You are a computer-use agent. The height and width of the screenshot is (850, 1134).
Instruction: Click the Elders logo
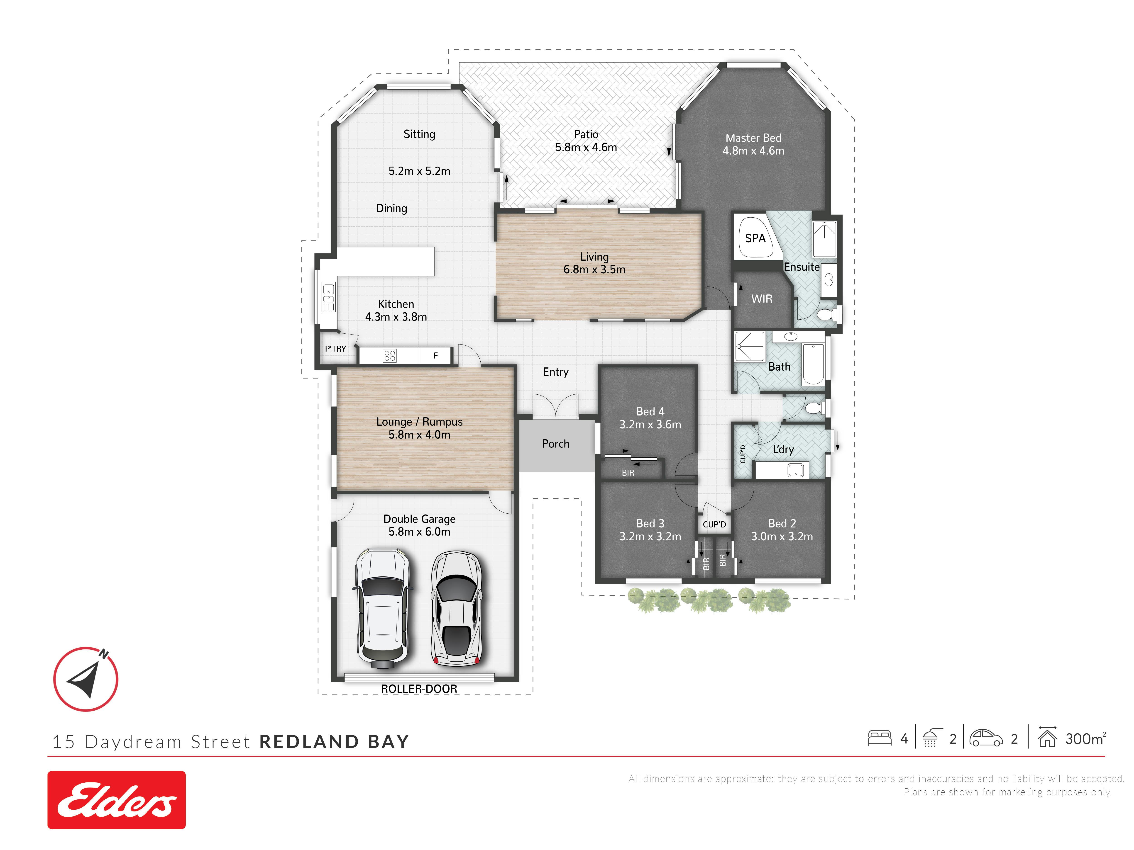116,800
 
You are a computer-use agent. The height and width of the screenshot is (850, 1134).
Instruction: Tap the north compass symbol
86,679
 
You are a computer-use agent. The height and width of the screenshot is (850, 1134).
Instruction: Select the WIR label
762,299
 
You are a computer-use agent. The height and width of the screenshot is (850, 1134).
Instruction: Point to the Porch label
556,444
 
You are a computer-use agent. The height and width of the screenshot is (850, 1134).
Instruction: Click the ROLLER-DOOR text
419,689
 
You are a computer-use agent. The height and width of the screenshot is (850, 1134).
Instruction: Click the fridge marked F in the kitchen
435,356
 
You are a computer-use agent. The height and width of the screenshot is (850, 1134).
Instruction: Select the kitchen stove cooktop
390,356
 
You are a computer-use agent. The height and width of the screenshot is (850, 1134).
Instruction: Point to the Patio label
586,134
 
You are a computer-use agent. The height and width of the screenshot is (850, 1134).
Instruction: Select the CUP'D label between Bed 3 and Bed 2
714,525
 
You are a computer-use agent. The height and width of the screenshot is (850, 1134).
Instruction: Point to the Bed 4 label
650,411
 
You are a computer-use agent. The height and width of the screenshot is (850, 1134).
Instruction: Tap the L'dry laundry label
783,449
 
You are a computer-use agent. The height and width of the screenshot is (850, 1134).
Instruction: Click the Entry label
556,372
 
